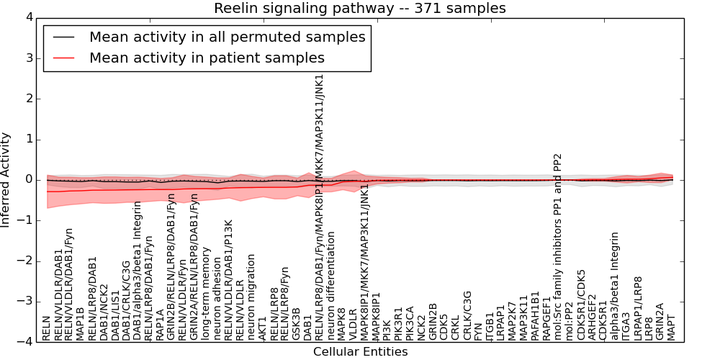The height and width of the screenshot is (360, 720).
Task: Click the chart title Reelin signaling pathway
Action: tap(359, 9)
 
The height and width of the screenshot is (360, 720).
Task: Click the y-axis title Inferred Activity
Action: tap(6, 179)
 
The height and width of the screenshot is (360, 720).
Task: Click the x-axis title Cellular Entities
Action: tap(360, 352)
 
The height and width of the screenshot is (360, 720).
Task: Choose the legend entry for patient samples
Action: tap(207, 58)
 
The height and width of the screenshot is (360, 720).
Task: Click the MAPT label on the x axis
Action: tap(672, 327)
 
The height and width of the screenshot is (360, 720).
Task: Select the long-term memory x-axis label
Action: tap(206, 294)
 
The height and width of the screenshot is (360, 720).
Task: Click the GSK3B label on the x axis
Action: tap(297, 324)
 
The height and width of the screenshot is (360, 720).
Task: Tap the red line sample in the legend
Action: tap(63, 58)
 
